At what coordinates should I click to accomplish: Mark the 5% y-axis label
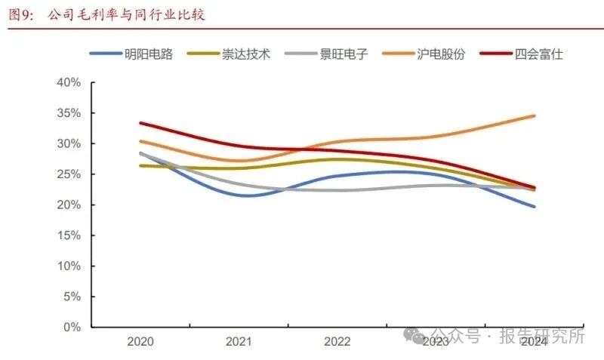tap(72, 297)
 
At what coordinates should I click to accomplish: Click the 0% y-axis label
tap(72, 328)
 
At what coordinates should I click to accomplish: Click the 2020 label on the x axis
tap(140, 342)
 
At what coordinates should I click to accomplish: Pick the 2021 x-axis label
tap(239, 342)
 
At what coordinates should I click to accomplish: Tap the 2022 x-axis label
tap(337, 342)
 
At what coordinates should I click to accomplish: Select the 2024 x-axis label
tap(535, 342)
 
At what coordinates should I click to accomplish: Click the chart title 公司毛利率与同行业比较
tap(126, 14)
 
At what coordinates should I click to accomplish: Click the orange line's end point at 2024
tap(535, 115)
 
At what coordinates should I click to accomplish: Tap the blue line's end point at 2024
tap(535, 206)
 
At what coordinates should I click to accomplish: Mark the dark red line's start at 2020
tap(140, 122)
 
